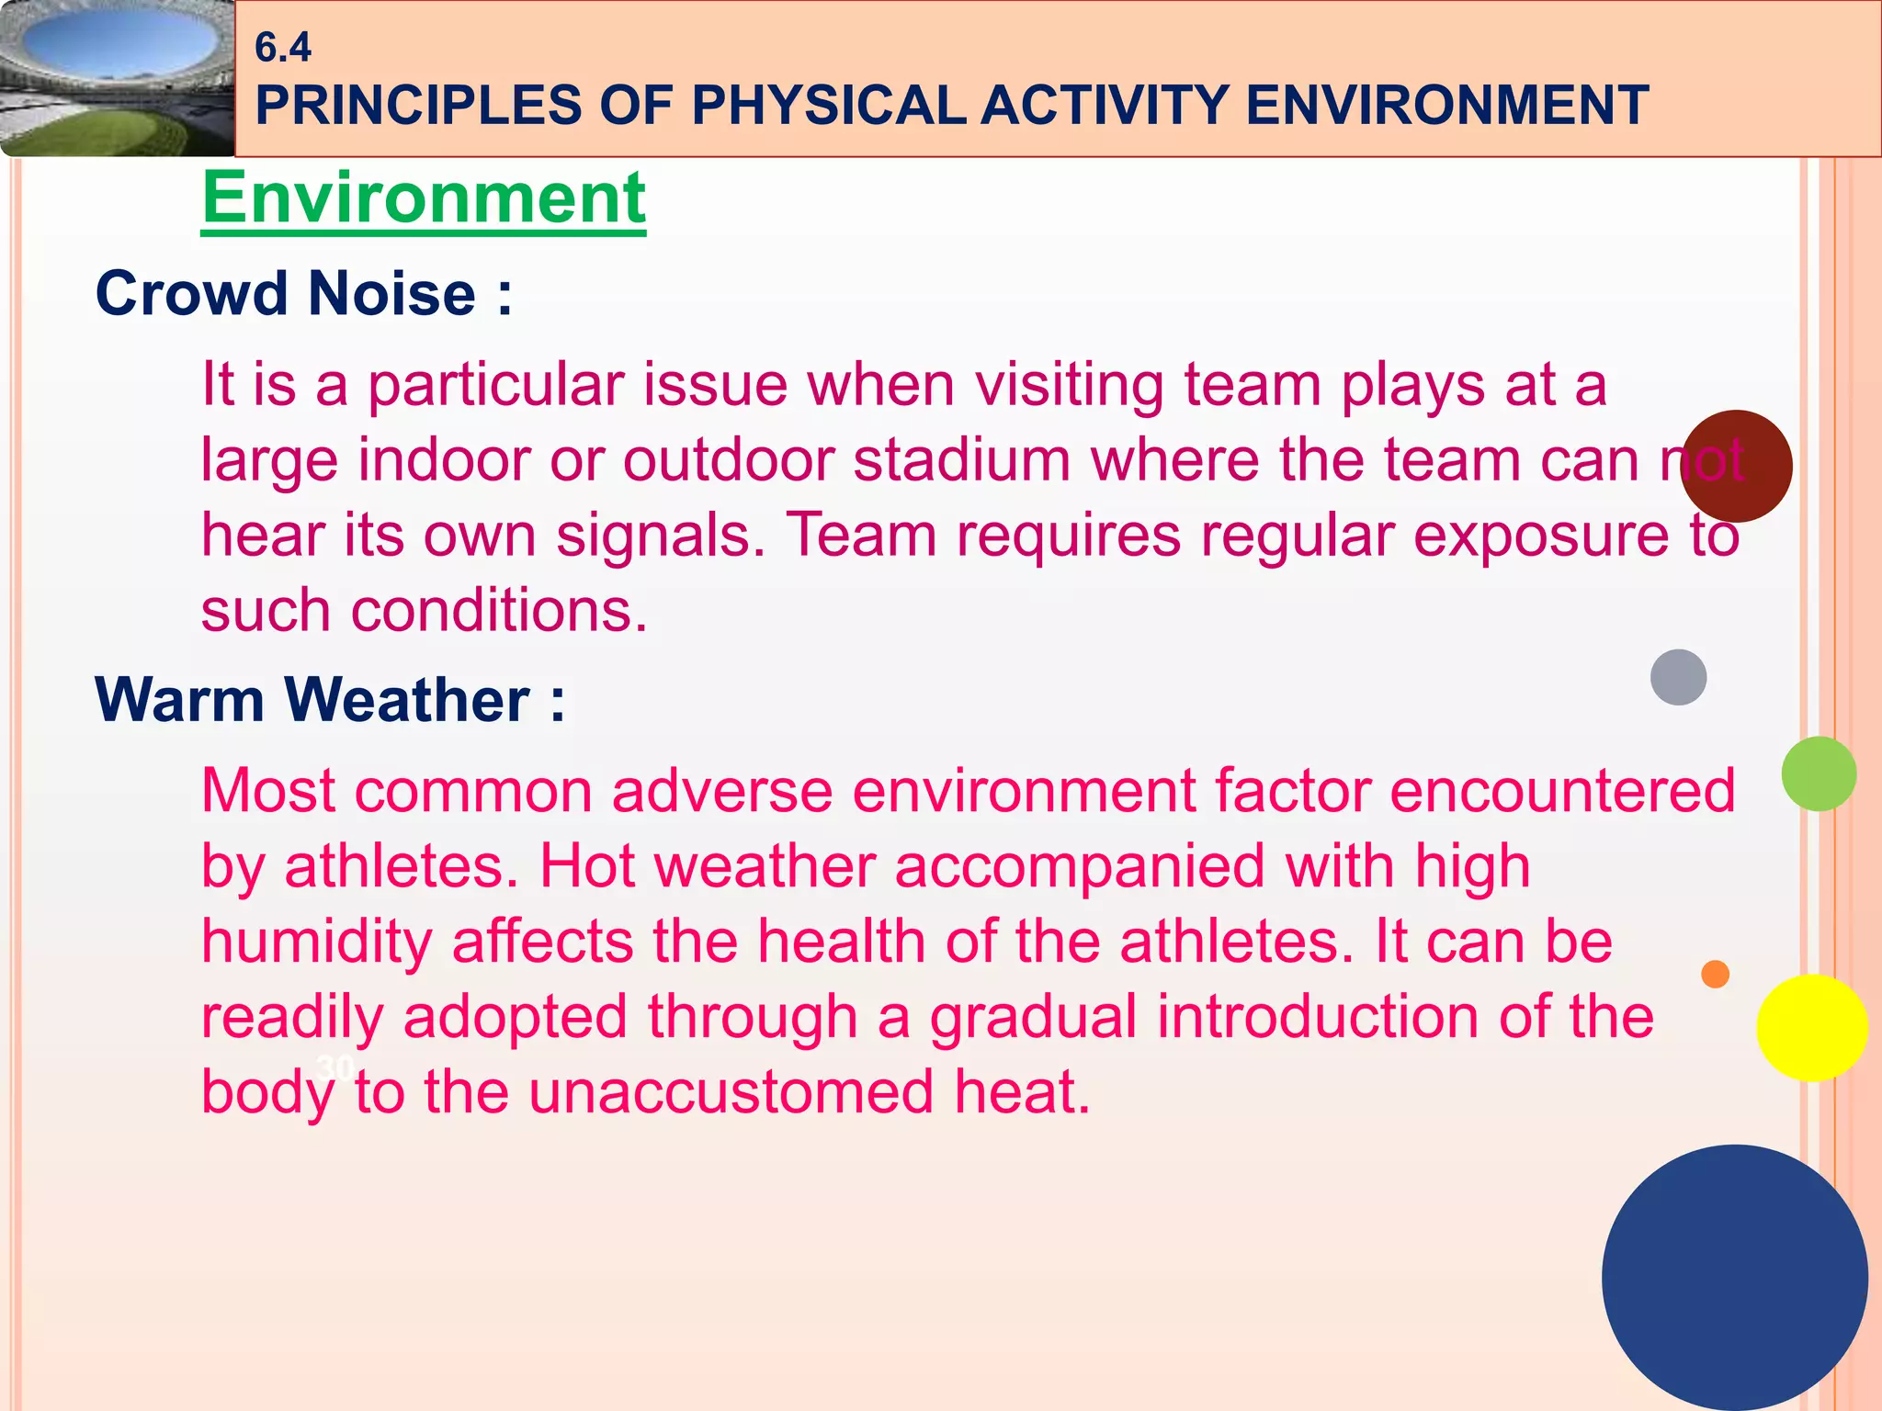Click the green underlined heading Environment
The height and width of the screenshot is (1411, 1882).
[424, 198]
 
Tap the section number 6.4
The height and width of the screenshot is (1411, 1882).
[283, 48]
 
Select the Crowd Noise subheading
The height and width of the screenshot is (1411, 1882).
[303, 294]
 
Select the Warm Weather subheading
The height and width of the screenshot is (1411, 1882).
[330, 700]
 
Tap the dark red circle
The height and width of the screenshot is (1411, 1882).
[1736, 466]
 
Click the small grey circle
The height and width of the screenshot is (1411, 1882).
[1678, 677]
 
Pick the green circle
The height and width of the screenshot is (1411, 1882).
[1819, 773]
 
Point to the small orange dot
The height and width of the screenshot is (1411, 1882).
[1715, 974]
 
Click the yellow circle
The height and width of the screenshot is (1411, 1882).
[1811, 1028]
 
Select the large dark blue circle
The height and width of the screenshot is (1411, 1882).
[1734, 1277]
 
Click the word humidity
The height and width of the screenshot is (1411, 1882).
[316, 943]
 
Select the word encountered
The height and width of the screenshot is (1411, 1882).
[1562, 791]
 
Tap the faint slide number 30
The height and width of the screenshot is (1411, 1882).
[334, 1067]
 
